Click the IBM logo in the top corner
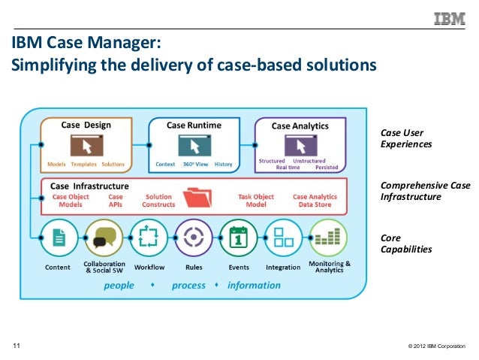[449, 19]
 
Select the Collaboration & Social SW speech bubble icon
[104, 238]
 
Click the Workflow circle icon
[149, 238]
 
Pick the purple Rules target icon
[194, 238]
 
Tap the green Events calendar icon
[239, 238]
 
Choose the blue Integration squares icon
[283, 238]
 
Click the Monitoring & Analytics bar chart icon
[328, 238]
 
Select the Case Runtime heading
[193, 125]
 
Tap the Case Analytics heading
[300, 126]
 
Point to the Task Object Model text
[255, 200]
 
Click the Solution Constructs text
[158, 200]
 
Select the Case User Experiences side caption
[407, 138]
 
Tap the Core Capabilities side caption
[406, 244]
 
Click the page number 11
[16, 346]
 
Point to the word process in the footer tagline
[188, 285]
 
